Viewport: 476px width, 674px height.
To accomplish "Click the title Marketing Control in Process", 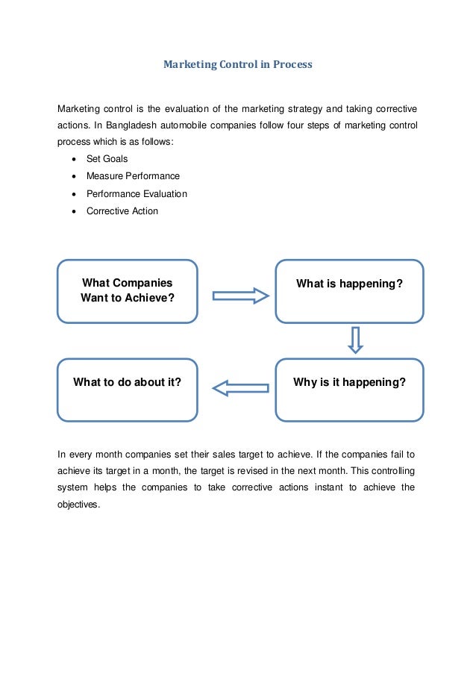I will pyautogui.click(x=237, y=65).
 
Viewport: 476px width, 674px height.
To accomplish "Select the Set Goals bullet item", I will pyautogui.click(x=107, y=159).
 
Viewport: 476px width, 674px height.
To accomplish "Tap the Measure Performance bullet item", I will pyautogui.click(x=133, y=176).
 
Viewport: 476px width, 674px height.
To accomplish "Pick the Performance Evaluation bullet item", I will pyautogui.click(x=137, y=193).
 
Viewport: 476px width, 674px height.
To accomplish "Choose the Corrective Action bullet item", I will pyautogui.click(x=122, y=210).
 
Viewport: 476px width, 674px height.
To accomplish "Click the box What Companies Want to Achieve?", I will pyautogui.click(x=127, y=291).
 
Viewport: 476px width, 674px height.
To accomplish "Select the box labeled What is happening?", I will pyautogui.click(x=349, y=291).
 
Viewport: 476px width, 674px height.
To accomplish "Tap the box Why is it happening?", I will pyautogui.click(x=349, y=390).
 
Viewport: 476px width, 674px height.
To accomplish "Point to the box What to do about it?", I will pyautogui.click(x=127, y=390).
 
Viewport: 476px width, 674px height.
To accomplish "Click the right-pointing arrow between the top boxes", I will pyautogui.click(x=240, y=296).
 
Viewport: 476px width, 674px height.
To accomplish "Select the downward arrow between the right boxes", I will pyautogui.click(x=355, y=339).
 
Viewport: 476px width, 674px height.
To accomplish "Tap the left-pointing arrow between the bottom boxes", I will pyautogui.click(x=240, y=387).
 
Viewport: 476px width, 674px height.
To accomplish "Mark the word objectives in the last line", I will pyautogui.click(x=78, y=504).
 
